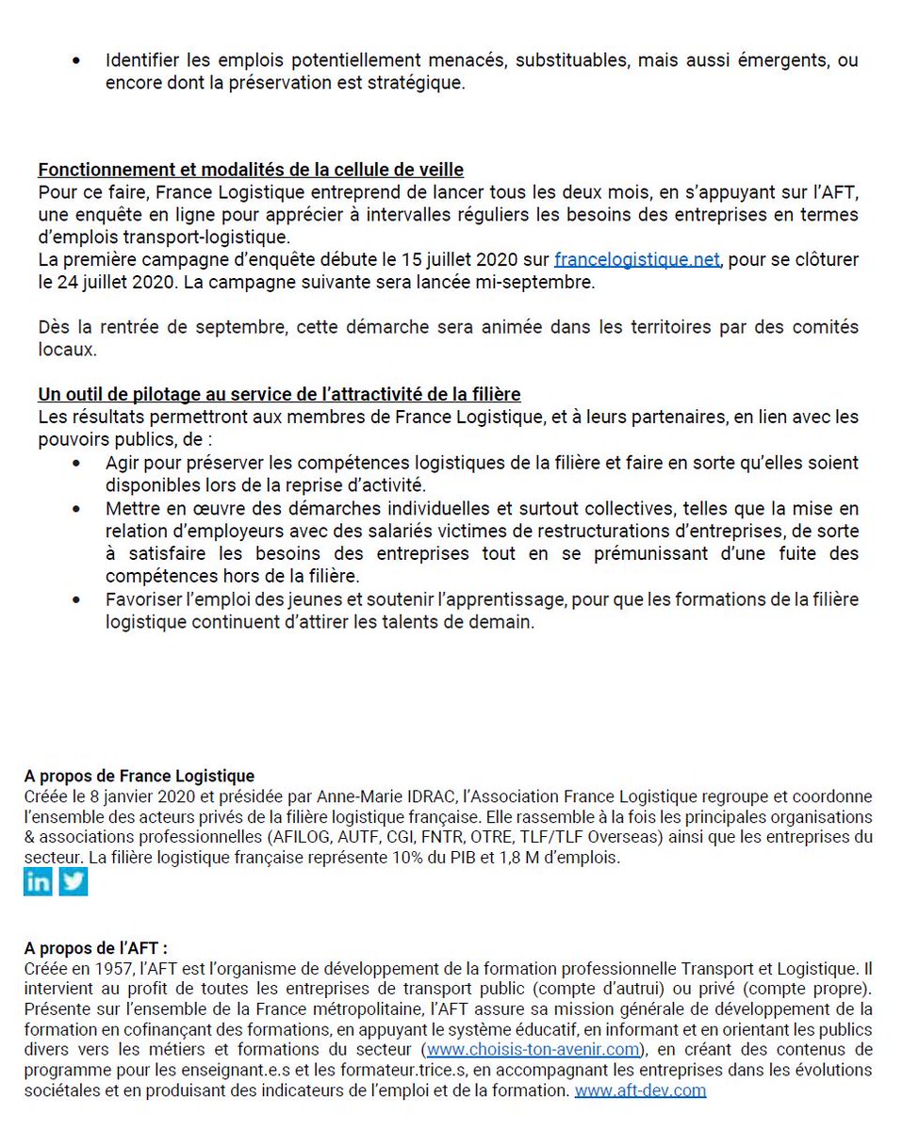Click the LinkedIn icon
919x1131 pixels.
38,881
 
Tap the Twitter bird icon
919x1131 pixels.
74,881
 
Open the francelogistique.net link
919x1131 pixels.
637,259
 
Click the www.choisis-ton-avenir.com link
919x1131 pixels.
533,1049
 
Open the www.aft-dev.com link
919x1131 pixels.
640,1090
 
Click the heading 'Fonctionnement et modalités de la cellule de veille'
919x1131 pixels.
251,170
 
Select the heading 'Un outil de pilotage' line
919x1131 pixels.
279,394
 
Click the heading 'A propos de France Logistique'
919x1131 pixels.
139,776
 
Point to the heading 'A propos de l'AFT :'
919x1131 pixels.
96,947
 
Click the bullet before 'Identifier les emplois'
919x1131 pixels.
76,61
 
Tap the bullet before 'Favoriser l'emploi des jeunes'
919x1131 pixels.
76,599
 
